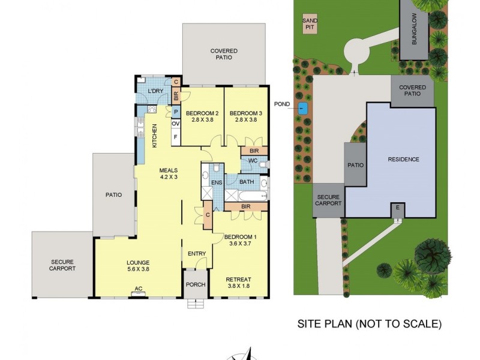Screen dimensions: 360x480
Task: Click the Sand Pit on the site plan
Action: coord(310,24)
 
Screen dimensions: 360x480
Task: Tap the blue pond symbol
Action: coord(302,109)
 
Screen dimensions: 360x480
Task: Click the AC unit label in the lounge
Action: coord(138,289)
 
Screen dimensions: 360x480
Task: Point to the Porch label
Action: coord(195,284)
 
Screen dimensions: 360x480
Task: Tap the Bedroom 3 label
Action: coord(246,116)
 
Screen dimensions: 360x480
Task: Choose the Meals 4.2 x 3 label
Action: coord(169,173)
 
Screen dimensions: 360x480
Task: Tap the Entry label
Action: coord(197,254)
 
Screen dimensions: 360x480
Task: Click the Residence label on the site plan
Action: coord(403,159)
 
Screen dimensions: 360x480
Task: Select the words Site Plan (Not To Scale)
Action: coord(370,324)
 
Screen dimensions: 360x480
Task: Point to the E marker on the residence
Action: coord(396,208)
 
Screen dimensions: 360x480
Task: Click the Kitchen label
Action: coord(154,136)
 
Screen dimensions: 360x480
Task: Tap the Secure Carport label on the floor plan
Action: coord(62,265)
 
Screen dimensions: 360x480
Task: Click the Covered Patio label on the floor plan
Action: coord(224,54)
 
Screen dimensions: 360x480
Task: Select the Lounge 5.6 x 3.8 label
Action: coord(137,266)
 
